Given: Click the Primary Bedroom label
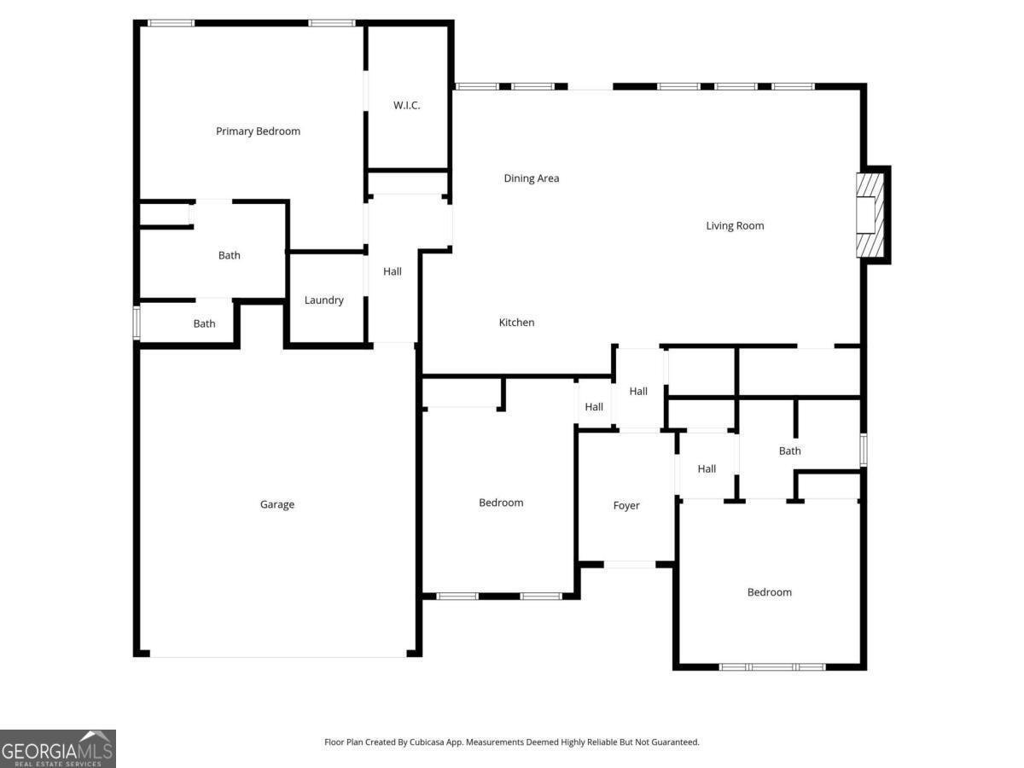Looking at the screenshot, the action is point(258,131).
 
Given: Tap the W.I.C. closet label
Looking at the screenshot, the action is point(406,105).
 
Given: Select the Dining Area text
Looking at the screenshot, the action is point(532,178).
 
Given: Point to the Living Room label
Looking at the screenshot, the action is point(735,225).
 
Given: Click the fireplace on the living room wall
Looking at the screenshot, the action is point(870,215).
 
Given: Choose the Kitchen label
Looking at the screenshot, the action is point(516,323).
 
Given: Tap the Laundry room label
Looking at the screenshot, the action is point(323,300).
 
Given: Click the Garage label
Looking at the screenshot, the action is point(277,504).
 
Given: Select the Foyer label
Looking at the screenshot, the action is point(626,505).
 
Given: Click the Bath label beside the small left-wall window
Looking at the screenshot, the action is point(204,323).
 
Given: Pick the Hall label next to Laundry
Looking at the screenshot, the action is point(392,271).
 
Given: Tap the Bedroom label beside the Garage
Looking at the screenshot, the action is point(501,503).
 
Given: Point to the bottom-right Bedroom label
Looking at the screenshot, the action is point(770,592).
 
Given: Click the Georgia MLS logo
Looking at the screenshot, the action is point(58,748).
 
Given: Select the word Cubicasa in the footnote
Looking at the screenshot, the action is point(427,742).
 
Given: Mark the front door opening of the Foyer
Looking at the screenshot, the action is point(630,565).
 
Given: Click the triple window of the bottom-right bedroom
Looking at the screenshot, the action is point(772,667).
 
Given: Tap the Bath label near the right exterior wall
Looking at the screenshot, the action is point(789,451).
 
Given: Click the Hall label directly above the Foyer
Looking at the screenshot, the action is point(638,391).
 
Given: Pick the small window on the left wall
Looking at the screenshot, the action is point(137,323).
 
